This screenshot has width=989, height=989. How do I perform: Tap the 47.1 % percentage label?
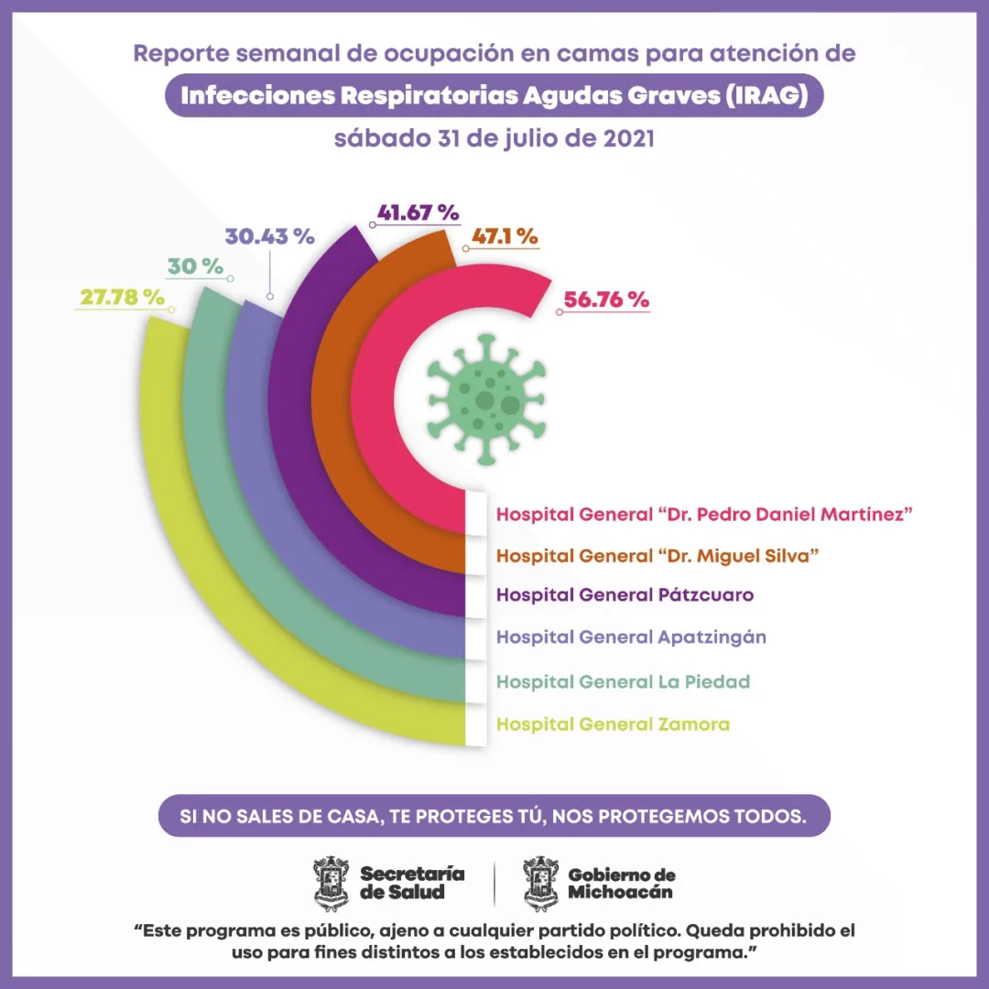coord(504,236)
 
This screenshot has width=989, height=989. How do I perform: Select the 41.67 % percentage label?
coord(417,212)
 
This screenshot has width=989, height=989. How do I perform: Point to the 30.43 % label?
coord(269,236)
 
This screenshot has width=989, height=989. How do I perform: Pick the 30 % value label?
coord(195,266)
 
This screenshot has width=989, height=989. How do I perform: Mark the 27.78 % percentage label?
coord(122,298)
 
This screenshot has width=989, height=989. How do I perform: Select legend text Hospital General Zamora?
coord(613,724)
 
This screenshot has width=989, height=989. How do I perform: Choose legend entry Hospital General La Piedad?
coord(623,681)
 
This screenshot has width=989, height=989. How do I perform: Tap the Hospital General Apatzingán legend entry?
coord(631,636)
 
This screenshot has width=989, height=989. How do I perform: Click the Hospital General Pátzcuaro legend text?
coord(625,594)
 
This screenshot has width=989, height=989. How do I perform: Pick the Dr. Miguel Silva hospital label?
coord(658,555)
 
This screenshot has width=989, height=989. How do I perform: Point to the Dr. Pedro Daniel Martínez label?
coord(704,514)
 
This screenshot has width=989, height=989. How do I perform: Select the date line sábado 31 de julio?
coord(494,140)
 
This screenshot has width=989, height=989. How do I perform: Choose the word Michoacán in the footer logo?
coord(620,891)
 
